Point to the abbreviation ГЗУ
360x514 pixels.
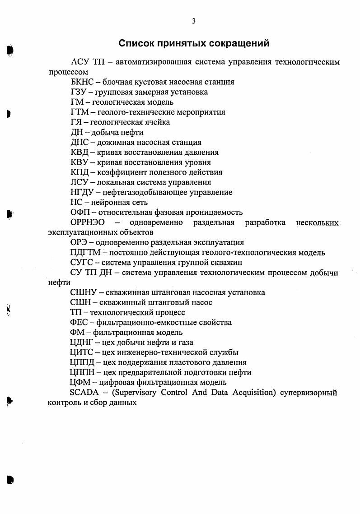[78, 92]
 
